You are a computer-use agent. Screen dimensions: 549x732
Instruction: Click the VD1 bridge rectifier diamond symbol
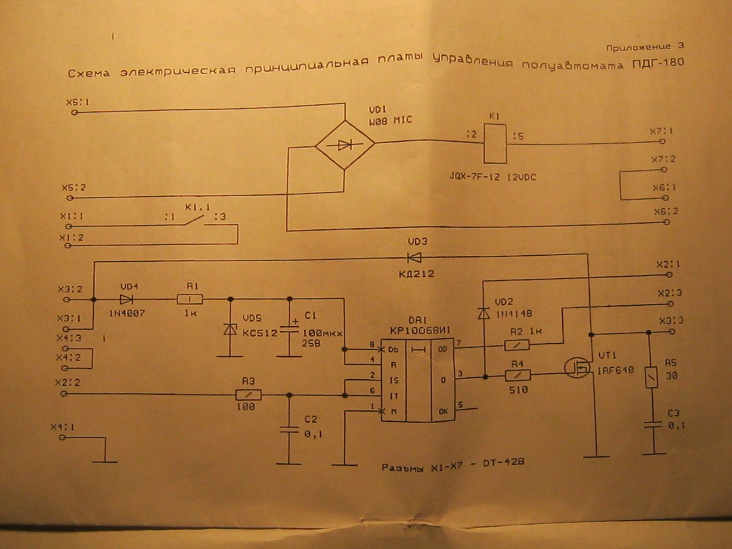(x=345, y=145)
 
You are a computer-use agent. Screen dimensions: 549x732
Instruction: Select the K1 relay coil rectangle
(x=495, y=143)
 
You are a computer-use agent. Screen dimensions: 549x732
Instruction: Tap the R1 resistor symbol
(x=189, y=300)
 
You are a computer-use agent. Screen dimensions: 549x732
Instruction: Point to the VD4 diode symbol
(x=126, y=300)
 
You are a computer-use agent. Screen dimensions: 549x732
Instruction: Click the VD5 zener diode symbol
(x=230, y=329)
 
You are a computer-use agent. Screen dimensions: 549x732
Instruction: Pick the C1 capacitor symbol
(x=289, y=329)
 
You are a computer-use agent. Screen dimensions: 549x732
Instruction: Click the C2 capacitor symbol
(x=289, y=431)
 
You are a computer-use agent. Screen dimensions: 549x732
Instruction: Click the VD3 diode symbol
(x=414, y=258)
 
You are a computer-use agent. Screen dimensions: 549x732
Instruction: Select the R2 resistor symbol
(x=517, y=345)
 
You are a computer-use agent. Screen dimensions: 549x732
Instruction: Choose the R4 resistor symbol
(x=518, y=376)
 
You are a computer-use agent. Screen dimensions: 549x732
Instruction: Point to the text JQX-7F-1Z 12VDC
(x=492, y=177)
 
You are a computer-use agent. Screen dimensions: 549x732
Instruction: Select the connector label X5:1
(x=78, y=102)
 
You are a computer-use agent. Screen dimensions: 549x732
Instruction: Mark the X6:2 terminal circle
(x=667, y=222)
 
